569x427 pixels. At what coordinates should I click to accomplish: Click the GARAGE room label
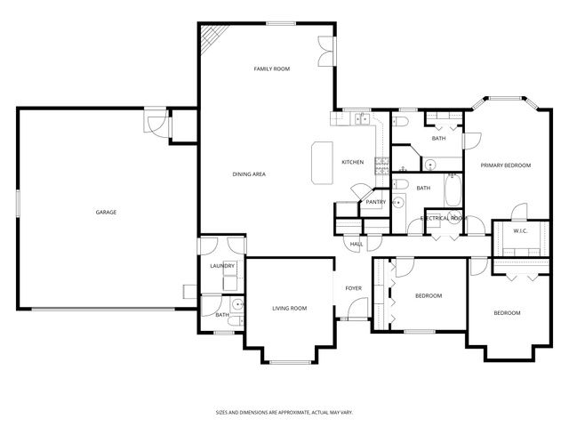107,212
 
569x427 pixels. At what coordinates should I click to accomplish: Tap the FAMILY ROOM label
272,68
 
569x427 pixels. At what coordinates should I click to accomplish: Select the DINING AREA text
249,173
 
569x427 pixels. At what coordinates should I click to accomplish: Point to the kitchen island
321,163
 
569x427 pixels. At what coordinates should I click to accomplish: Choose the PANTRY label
375,202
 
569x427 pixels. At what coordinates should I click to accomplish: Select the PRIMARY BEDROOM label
505,165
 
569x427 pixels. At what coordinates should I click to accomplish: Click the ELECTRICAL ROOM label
444,217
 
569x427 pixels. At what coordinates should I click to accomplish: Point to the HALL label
357,244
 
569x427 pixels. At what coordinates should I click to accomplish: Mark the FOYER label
354,288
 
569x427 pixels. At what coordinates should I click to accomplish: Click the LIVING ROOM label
289,308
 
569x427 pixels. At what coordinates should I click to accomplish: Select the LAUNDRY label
221,266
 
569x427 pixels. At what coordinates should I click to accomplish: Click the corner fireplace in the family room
209,36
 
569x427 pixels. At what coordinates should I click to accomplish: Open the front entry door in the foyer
358,318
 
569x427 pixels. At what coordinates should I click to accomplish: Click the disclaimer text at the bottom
284,412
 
